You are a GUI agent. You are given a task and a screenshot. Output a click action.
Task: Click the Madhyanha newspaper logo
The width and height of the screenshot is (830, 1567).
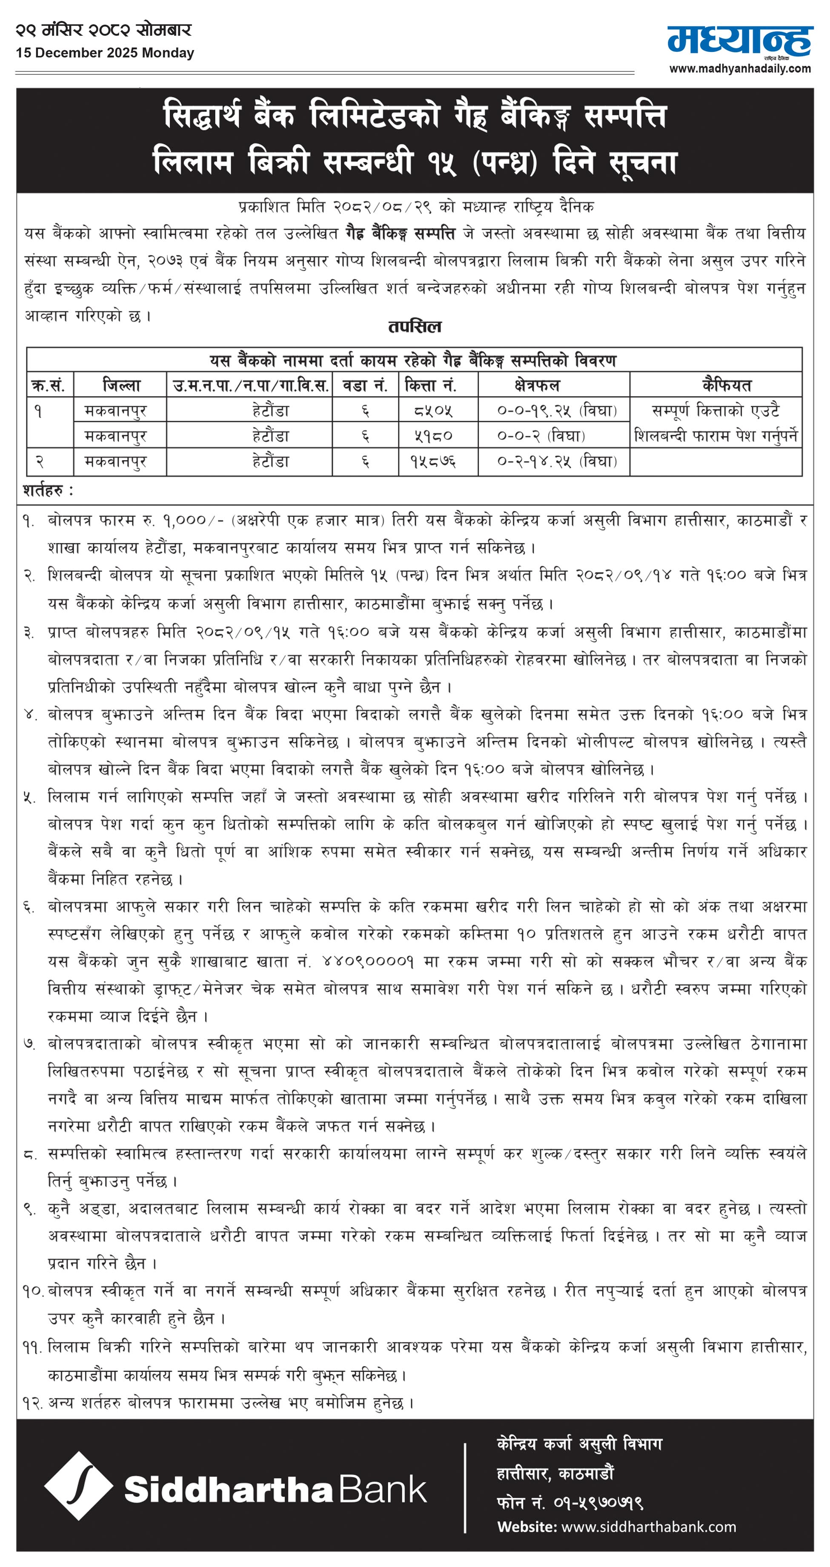coord(739,41)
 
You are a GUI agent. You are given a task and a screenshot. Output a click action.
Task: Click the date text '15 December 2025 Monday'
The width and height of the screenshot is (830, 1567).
coord(105,53)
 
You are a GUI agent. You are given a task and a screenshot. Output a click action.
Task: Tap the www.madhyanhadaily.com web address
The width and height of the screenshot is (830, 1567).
coord(740,69)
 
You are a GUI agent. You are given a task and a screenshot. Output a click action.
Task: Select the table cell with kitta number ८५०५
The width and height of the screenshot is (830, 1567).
coord(432,410)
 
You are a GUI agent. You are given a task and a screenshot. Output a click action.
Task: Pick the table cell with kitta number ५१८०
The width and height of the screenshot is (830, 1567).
coord(432,436)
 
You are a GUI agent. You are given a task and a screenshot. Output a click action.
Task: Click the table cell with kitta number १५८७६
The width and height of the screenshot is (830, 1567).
coord(432,461)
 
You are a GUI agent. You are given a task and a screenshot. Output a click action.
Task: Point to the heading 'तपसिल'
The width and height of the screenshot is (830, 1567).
coord(415,327)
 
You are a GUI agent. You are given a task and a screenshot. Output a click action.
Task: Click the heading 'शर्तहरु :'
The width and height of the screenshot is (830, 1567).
coord(48,490)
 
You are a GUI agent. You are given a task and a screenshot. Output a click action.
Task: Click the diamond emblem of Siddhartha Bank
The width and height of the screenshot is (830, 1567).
coord(78,1485)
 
